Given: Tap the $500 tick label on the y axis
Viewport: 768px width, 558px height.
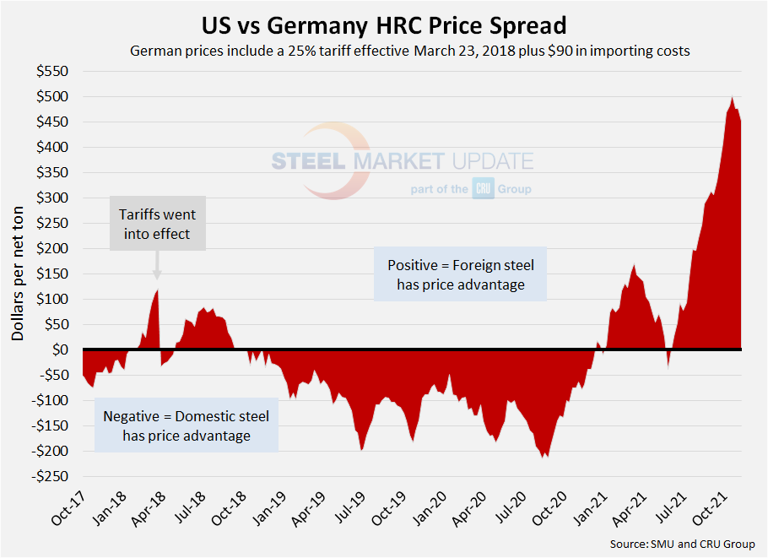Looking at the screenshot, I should click(x=53, y=96).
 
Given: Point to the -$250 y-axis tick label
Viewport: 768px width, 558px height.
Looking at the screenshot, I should click(x=51, y=476).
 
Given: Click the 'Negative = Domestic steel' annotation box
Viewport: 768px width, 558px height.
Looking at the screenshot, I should click(x=186, y=425).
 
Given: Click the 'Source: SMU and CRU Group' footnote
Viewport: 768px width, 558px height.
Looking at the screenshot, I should click(x=682, y=544).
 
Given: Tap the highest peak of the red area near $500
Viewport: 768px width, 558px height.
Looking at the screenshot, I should click(x=732, y=98).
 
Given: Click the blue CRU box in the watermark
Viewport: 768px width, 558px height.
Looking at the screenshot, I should click(x=483, y=190).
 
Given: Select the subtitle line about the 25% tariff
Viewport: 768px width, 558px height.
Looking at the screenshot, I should click(x=410, y=51).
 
